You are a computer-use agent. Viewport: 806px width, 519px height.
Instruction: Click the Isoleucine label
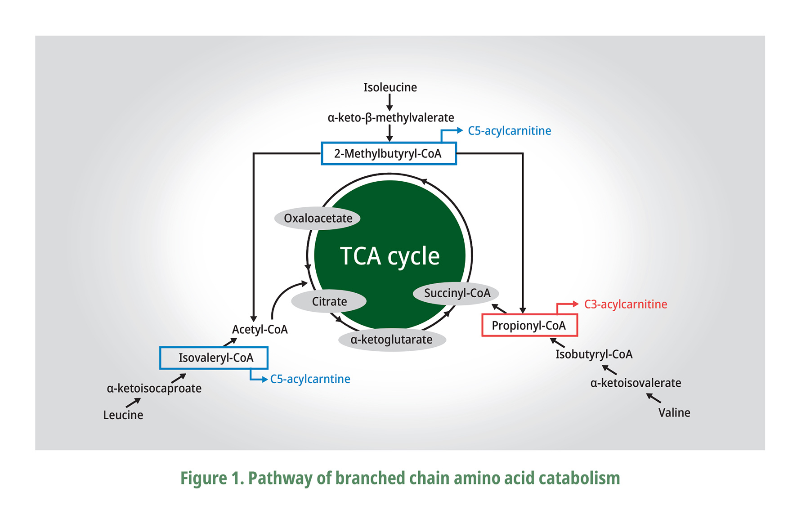click(x=390, y=87)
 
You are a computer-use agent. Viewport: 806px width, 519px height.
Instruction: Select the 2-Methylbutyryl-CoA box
click(x=389, y=154)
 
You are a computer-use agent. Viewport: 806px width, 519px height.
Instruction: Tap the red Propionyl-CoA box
click(x=529, y=325)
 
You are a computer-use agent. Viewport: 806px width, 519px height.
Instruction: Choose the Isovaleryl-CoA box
click(x=214, y=358)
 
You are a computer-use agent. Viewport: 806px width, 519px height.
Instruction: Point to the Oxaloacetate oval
click(x=318, y=219)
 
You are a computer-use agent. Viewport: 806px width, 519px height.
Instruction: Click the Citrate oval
click(x=329, y=301)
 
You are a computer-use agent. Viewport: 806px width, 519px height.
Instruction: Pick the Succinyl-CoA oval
click(x=457, y=293)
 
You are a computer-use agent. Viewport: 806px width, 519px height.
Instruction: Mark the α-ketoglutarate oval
click(x=391, y=340)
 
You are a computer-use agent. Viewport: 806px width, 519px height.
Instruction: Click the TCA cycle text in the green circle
click(x=390, y=256)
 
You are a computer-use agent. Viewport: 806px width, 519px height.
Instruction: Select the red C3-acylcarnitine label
click(x=625, y=304)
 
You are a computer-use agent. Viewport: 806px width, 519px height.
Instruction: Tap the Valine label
click(x=674, y=413)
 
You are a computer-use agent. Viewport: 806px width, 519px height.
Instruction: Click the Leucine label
click(x=123, y=415)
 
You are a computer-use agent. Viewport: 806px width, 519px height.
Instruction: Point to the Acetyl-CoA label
click(x=260, y=330)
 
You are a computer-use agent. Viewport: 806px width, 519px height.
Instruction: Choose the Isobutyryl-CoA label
click(x=594, y=354)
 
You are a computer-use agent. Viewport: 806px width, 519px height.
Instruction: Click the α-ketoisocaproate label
click(x=154, y=389)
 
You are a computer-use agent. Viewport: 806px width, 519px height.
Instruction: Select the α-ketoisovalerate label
click(x=635, y=383)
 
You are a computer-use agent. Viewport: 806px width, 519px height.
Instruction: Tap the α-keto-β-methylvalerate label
click(x=390, y=118)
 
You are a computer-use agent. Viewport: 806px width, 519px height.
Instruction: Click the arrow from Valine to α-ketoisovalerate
click(x=654, y=398)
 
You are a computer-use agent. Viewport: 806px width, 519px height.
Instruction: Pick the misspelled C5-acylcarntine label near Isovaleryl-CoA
click(x=310, y=379)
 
